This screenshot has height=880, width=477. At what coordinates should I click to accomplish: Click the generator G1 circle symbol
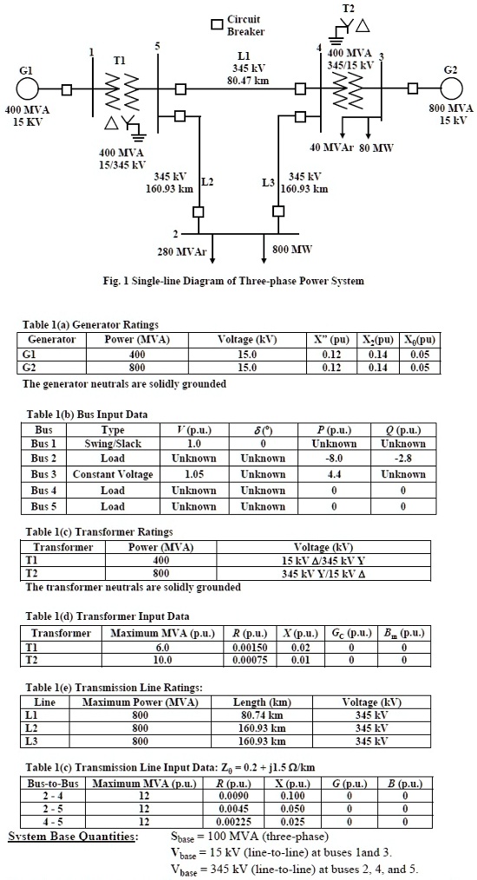(x=27, y=88)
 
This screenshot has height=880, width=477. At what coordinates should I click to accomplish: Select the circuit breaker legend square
(x=217, y=24)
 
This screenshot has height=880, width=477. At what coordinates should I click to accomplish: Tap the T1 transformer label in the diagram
(x=120, y=60)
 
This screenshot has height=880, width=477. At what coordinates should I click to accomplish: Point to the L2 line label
(x=207, y=182)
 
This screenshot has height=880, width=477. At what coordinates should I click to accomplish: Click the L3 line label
(x=268, y=183)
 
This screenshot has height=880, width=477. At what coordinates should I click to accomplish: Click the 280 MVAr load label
(x=181, y=251)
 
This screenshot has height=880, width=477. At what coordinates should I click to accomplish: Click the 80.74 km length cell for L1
(x=260, y=715)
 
